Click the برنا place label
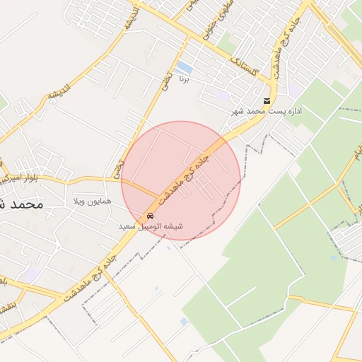click(x=185, y=78)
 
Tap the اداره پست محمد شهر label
click(x=269, y=112)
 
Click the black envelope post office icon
click(x=267, y=101)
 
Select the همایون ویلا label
click(x=91, y=202)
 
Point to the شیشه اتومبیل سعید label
click(x=151, y=226)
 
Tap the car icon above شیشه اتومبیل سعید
click(x=150, y=216)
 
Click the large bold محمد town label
click(x=21, y=203)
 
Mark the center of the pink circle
click(x=181, y=181)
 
